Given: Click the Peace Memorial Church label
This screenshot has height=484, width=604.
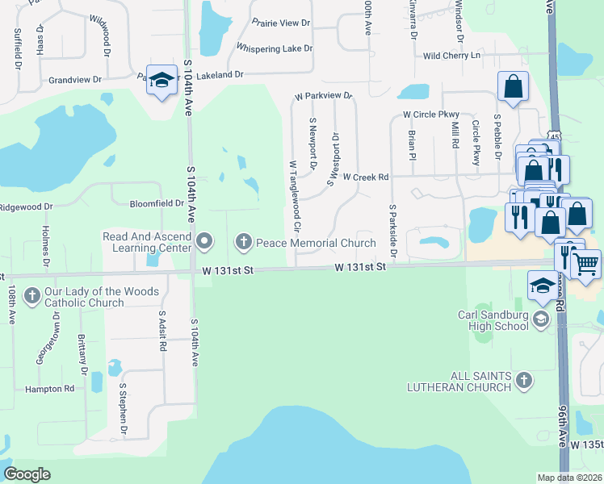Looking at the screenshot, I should [x=316, y=243].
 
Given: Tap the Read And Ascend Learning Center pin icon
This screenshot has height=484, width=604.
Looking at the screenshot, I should [x=204, y=240].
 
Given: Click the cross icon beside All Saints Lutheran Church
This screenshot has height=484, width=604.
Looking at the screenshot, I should [x=523, y=379].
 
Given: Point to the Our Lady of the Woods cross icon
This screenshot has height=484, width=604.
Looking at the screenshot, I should [x=31, y=295].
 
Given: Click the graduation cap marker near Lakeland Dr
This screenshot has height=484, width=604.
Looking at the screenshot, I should [x=161, y=80].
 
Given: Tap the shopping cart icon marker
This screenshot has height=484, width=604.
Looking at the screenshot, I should [x=585, y=263].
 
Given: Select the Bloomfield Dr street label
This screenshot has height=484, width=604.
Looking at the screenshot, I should [x=157, y=203].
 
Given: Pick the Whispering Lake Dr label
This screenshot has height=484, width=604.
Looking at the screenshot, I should [x=275, y=48].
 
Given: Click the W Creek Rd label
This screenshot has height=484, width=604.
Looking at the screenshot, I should [x=366, y=177].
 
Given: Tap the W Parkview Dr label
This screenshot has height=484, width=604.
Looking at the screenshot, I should [x=324, y=96].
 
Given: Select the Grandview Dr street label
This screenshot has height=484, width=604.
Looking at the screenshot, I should [x=75, y=80].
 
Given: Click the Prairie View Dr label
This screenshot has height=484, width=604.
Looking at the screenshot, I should [x=281, y=23].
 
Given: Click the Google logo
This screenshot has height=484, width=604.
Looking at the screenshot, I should [x=27, y=474].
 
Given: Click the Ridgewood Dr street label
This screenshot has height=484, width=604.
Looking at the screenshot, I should [x=26, y=207].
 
